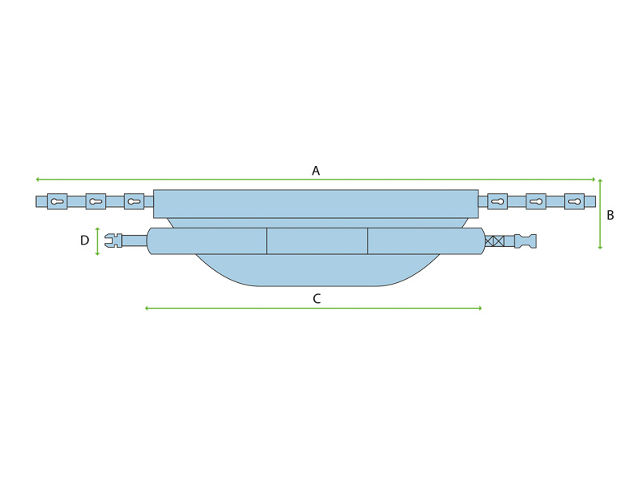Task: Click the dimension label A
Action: click(316, 170)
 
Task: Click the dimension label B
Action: click(611, 215)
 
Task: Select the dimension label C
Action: click(316, 298)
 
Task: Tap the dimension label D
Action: click(85, 240)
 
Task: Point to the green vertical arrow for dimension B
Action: click(600, 214)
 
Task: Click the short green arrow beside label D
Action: click(98, 240)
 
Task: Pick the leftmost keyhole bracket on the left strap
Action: click(57, 201)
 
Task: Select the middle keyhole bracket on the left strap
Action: click(95, 201)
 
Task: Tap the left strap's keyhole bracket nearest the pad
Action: click(134, 201)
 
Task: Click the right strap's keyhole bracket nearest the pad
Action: click(498, 201)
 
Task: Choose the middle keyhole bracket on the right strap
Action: click(536, 201)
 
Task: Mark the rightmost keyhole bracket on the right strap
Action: click(574, 201)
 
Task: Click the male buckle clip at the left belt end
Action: click(114, 240)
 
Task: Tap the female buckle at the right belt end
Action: click(526, 240)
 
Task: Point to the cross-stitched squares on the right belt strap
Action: click(495, 240)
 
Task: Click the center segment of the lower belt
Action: click(316, 240)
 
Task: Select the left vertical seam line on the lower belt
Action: click(266, 240)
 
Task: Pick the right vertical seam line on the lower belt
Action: click(368, 240)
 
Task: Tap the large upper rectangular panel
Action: click(316, 204)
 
